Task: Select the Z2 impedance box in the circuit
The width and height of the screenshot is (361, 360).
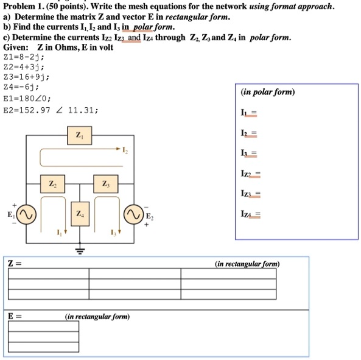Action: (52, 183)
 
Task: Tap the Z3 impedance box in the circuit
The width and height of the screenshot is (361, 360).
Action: (105, 183)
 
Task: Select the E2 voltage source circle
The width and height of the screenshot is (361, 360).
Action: (133, 215)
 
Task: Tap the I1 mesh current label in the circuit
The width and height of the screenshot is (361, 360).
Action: (59, 232)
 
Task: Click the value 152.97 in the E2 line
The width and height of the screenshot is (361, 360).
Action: (40, 110)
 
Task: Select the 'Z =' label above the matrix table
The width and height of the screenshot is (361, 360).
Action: (15, 264)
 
